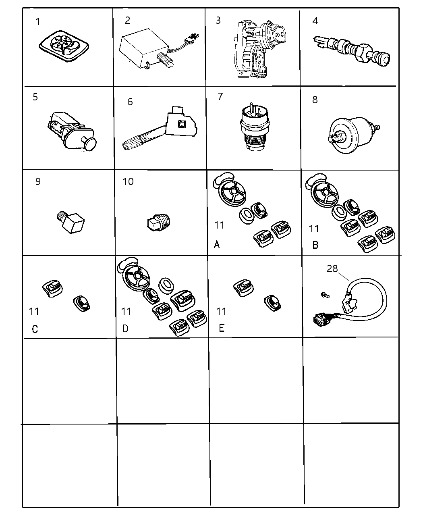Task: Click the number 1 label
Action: (38, 22)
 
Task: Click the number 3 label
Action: (218, 21)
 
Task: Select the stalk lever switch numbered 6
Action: (159, 131)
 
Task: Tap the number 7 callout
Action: (220, 97)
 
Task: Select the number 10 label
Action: (128, 182)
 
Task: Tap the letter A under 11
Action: (217, 244)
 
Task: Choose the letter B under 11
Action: (315, 245)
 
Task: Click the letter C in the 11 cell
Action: (35, 329)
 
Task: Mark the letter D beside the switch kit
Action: (126, 329)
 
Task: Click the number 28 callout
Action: (332, 269)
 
